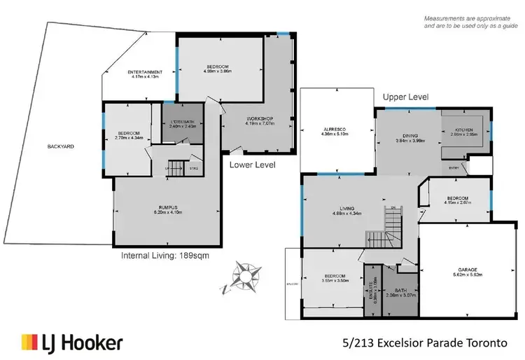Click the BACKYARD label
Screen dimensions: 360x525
click(62, 147)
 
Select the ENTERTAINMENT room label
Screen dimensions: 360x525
click(146, 74)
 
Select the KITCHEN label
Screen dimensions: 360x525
click(466, 132)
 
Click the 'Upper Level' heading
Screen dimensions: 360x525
click(405, 97)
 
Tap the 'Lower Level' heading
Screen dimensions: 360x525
click(253, 165)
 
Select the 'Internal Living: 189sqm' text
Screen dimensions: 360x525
click(165, 256)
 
